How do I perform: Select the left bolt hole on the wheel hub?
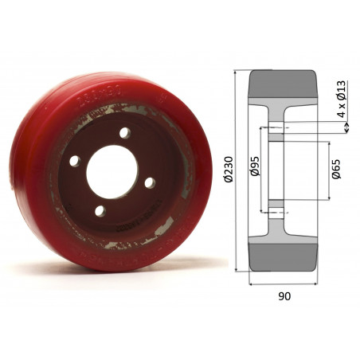pos(74,161)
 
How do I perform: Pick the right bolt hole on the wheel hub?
pos(149,182)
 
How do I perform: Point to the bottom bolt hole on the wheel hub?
pos(100,210)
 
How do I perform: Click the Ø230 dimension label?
pos(229,172)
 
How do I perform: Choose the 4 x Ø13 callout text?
pos(340,100)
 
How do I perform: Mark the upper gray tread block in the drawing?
pos(284,85)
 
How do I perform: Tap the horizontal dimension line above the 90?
pos(285,283)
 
